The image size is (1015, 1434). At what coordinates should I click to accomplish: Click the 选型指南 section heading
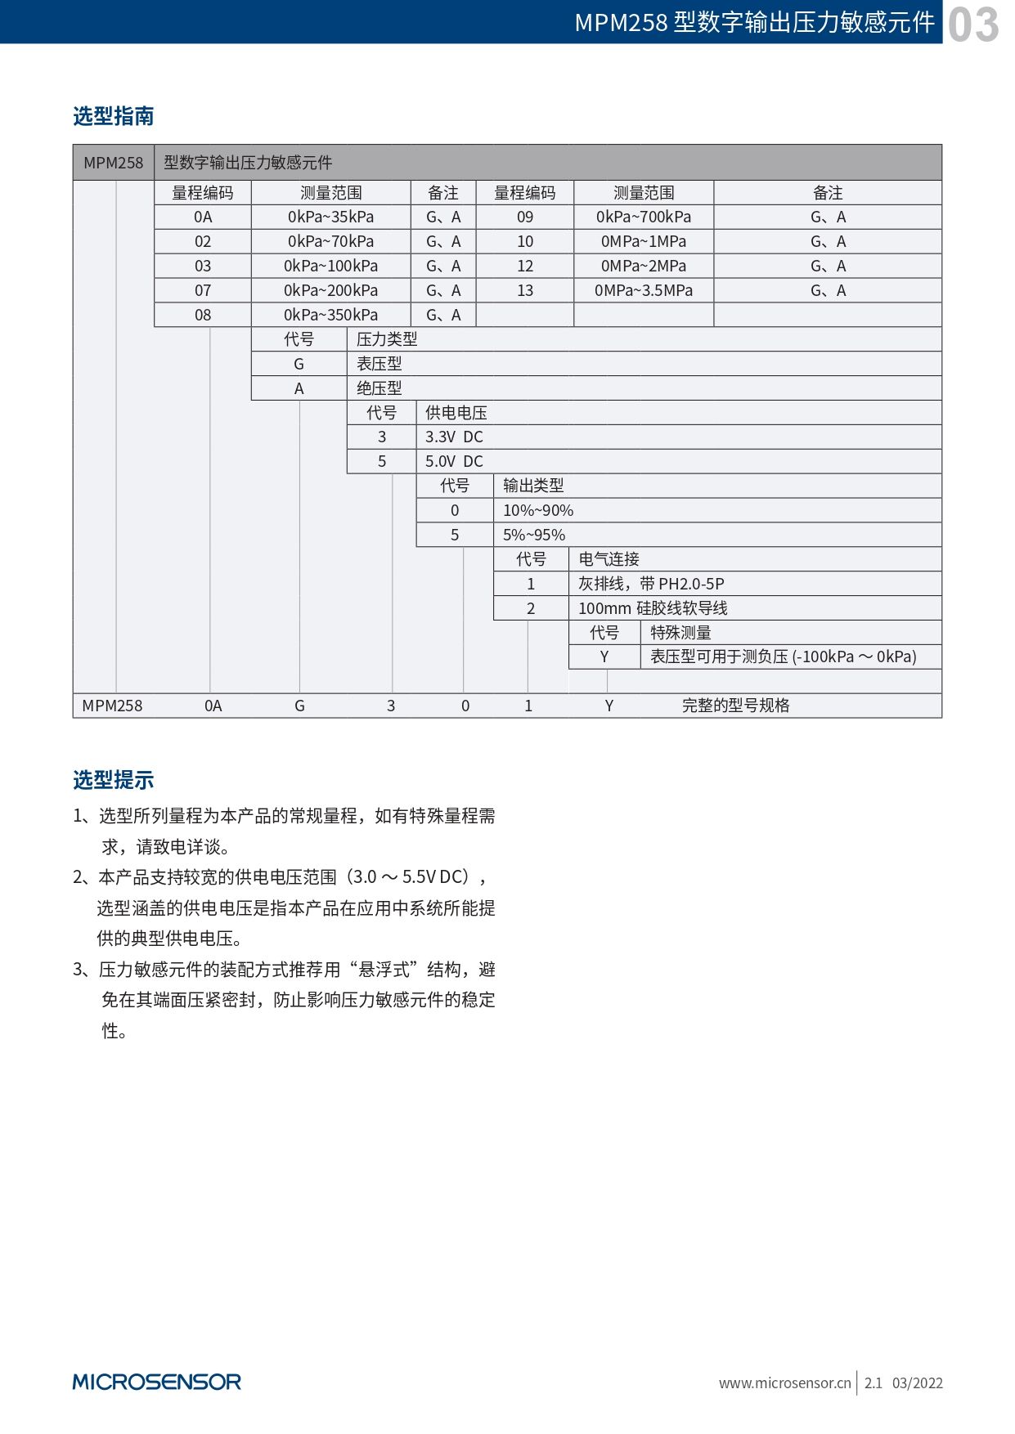click(x=113, y=116)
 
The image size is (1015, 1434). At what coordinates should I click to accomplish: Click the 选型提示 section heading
click(x=113, y=780)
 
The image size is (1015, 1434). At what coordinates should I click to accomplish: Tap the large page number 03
click(x=973, y=24)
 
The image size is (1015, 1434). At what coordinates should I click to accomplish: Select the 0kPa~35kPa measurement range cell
click(x=330, y=217)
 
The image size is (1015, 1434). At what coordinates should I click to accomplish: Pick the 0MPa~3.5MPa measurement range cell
click(x=643, y=290)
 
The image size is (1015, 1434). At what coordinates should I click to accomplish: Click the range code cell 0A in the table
click(x=203, y=217)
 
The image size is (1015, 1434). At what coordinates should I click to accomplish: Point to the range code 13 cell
click(x=524, y=290)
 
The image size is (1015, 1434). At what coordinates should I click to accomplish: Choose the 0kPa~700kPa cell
click(x=643, y=217)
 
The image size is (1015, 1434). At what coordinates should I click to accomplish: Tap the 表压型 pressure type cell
click(x=379, y=364)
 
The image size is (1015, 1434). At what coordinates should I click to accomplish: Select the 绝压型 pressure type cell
click(x=379, y=388)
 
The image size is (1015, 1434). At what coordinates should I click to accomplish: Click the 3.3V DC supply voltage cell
click(x=454, y=437)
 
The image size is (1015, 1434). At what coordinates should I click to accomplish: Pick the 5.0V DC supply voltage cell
click(x=454, y=461)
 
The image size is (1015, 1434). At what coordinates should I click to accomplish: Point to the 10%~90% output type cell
click(x=537, y=510)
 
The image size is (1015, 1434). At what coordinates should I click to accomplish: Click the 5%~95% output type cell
click(x=533, y=535)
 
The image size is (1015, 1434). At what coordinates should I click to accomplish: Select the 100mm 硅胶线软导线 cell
click(x=652, y=608)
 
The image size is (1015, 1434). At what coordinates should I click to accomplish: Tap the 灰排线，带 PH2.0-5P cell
click(x=650, y=584)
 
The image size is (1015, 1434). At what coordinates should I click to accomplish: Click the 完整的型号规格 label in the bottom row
click(x=735, y=706)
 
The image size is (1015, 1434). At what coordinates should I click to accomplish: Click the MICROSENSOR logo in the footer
click(x=156, y=1382)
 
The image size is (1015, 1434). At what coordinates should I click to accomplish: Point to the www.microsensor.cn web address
click(x=784, y=1382)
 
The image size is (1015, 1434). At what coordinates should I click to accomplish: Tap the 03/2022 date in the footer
click(x=917, y=1382)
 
